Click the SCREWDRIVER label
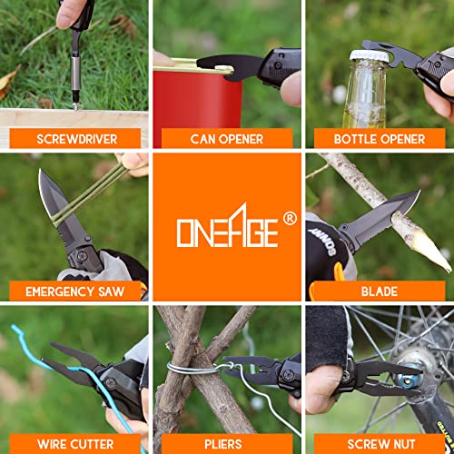pos(77,139)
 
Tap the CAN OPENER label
pos(227,139)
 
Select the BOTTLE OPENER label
pos(380,139)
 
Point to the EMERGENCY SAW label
pos(75,291)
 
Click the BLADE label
pos(380,291)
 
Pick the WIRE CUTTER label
pos(75,444)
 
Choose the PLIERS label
pos(223,444)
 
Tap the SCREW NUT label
pos(381,444)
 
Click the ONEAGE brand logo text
pos(227,225)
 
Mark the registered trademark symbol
pos(290,219)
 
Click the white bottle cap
pos(369,55)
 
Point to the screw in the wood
pos(75,106)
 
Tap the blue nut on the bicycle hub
pos(406,380)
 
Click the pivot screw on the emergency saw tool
pos(82,256)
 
